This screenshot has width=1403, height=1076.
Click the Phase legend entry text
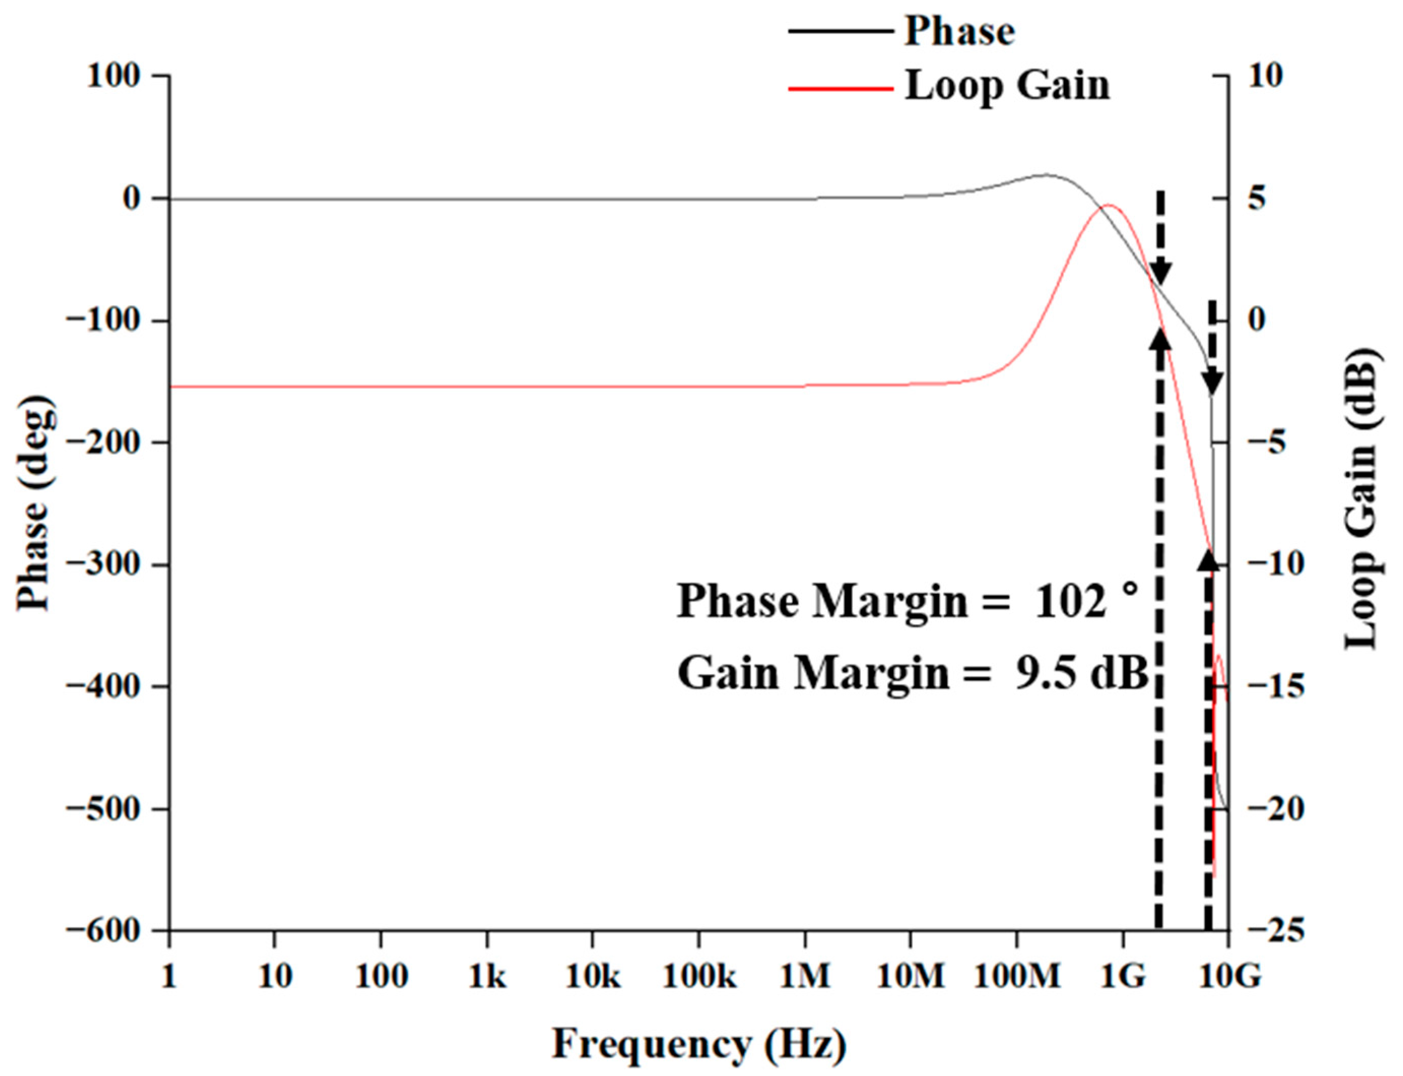[x=959, y=31]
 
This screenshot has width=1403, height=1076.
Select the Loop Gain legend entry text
[x=1007, y=85]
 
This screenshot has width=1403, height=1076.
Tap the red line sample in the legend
[x=840, y=88]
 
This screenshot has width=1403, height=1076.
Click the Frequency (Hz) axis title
[x=698, y=1044]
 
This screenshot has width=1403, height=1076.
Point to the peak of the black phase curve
[x=1046, y=174]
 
